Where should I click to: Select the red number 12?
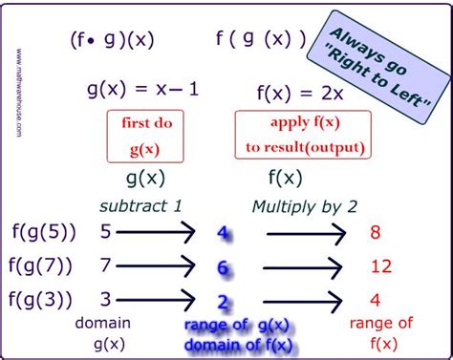tap(380, 268)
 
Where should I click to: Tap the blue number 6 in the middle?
tap(222, 268)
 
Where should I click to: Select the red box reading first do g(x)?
tap(140, 137)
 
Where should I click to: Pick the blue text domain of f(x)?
tap(239, 344)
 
